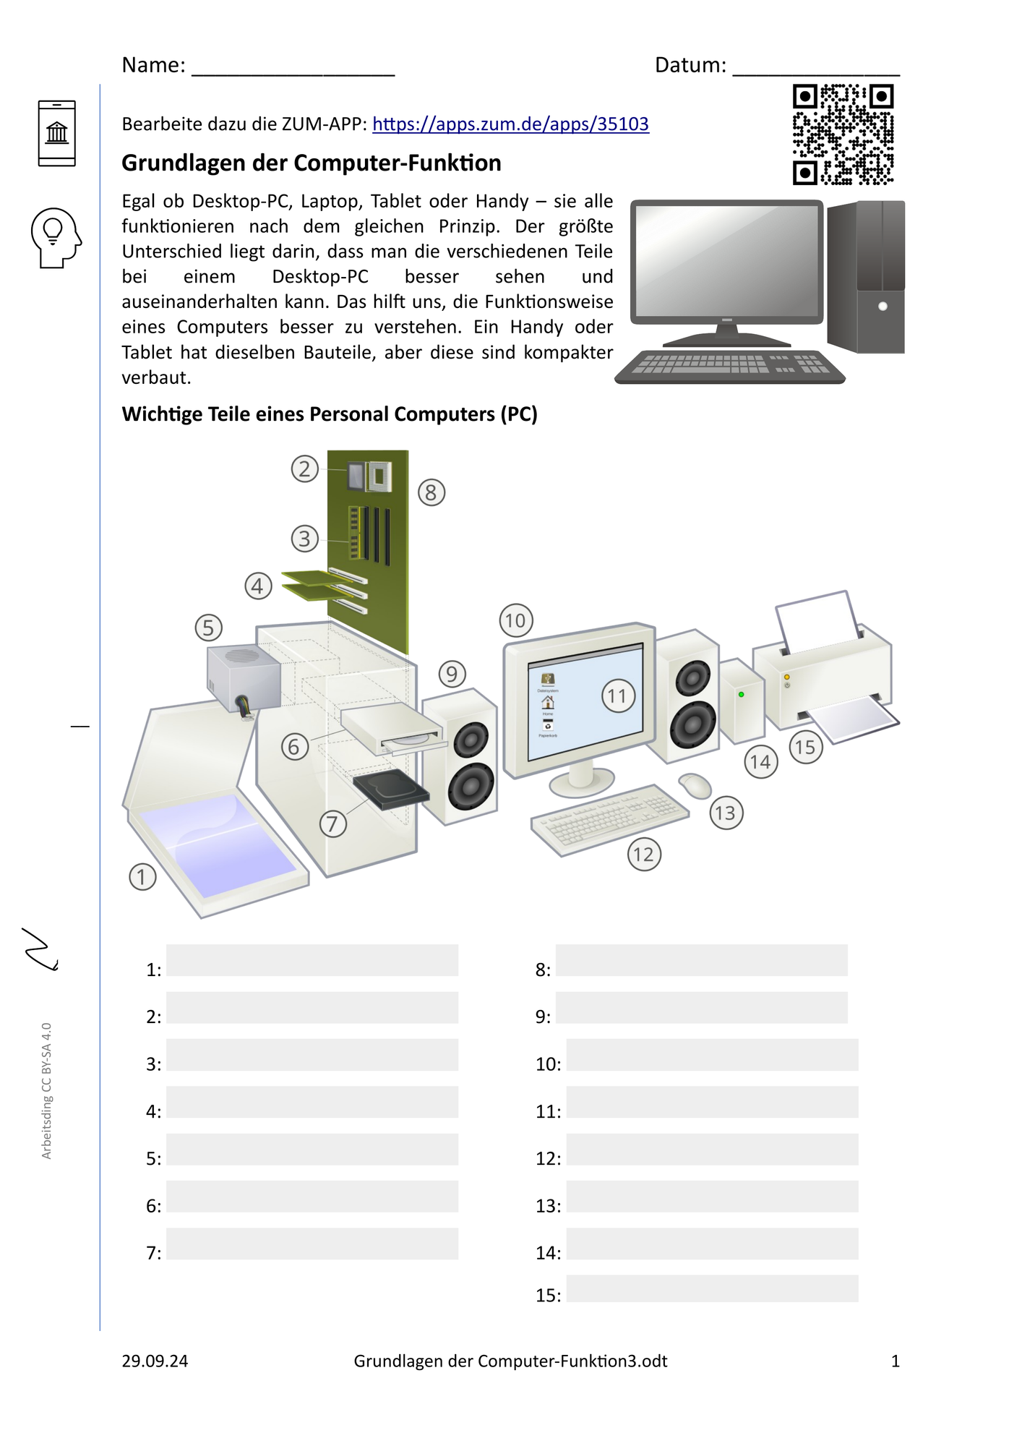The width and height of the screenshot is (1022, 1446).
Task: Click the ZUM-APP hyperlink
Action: (x=510, y=124)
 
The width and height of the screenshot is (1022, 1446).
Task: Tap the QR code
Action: (x=843, y=134)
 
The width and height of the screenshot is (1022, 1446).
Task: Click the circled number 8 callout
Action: (x=431, y=492)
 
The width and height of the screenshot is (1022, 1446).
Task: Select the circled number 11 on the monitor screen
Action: (x=618, y=696)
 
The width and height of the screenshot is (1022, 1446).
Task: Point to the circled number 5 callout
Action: (x=208, y=628)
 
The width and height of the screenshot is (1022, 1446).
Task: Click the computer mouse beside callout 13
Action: (x=695, y=785)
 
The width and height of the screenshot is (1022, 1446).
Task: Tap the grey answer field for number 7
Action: (x=312, y=1244)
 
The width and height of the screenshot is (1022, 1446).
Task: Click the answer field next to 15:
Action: (x=712, y=1288)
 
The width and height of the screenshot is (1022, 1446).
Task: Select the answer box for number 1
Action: (x=312, y=960)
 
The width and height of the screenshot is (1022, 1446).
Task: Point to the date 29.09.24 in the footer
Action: (x=155, y=1361)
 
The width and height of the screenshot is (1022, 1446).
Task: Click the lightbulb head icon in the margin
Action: (x=56, y=238)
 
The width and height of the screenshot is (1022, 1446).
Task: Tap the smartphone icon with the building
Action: (x=57, y=134)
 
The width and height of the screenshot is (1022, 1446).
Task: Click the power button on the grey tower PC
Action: (x=883, y=307)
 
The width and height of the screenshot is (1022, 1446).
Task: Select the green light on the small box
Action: (x=741, y=694)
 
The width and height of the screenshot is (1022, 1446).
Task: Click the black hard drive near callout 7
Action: (x=391, y=789)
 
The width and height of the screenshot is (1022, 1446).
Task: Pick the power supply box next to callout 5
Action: (x=244, y=677)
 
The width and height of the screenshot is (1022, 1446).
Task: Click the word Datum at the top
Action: (x=690, y=65)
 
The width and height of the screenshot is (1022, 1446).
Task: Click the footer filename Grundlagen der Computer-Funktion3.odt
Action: (x=510, y=1361)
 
